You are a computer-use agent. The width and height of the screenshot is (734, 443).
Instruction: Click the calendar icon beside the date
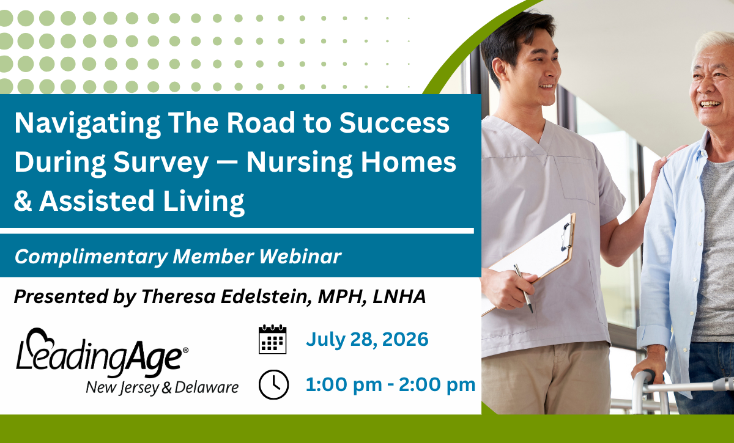click(273, 339)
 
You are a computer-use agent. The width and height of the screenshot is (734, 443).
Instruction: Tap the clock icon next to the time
click(273, 384)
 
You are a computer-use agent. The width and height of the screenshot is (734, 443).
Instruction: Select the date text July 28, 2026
click(367, 339)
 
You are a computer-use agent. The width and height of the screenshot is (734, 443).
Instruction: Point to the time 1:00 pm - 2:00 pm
click(390, 384)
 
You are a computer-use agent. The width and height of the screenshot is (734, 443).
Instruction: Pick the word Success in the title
click(394, 123)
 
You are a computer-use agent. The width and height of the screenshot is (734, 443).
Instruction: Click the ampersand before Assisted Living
click(23, 200)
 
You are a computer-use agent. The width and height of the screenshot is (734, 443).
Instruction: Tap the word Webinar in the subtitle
click(300, 256)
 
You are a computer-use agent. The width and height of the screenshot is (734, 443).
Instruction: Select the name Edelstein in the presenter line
click(265, 296)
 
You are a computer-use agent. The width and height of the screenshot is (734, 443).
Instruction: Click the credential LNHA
click(399, 296)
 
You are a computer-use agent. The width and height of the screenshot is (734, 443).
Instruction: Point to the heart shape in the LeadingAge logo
click(40, 340)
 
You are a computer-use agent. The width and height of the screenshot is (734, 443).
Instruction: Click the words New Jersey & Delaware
click(162, 387)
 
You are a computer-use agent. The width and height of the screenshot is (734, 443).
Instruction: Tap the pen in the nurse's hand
click(524, 288)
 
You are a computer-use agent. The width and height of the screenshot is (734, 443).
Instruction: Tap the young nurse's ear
click(500, 70)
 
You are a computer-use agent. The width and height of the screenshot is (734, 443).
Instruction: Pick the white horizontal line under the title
click(237, 231)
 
